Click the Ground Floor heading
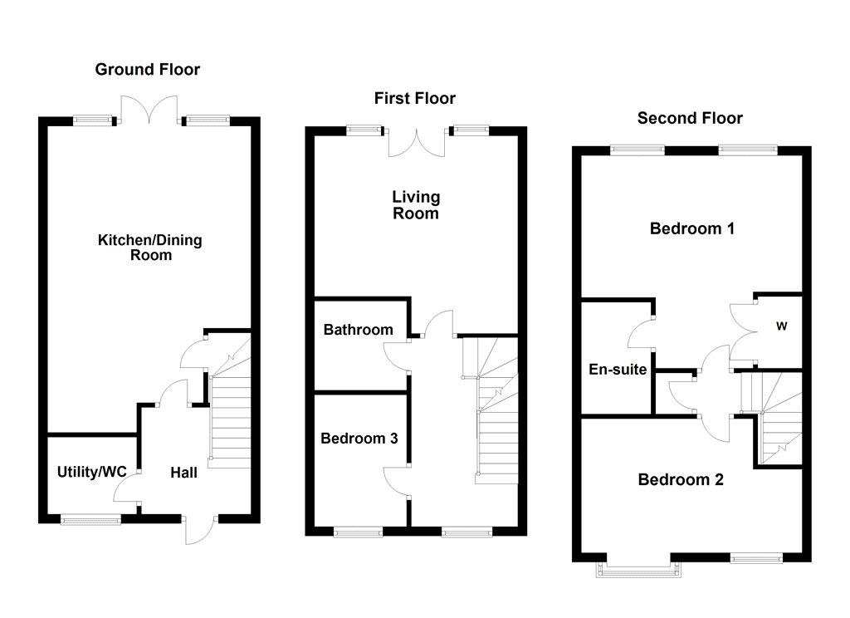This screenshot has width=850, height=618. (x=148, y=70)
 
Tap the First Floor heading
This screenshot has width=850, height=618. (x=415, y=98)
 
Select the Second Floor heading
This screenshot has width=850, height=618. (x=690, y=118)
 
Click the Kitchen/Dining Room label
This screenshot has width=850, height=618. (x=150, y=248)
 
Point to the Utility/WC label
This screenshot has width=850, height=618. (x=91, y=472)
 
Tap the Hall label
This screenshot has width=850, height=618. (x=183, y=473)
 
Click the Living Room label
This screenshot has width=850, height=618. (x=416, y=205)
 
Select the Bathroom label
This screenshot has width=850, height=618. (x=358, y=330)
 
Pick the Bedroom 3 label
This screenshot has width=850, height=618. (x=359, y=439)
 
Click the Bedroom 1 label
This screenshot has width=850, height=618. (x=692, y=228)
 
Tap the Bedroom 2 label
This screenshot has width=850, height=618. (x=681, y=479)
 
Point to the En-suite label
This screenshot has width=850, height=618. (x=618, y=370)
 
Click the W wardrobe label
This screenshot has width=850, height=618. (x=781, y=326)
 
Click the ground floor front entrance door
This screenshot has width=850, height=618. (x=201, y=530)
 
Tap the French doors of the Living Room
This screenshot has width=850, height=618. (x=417, y=143)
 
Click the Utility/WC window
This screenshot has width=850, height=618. (x=90, y=520)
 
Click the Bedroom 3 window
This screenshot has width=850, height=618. (x=359, y=532)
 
